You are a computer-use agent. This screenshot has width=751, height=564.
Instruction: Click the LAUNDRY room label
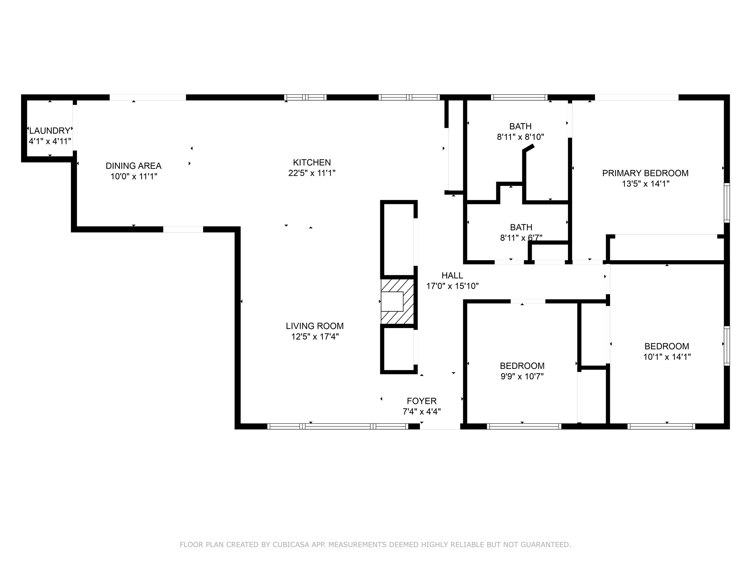tap(50, 130)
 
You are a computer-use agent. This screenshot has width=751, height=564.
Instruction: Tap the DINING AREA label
tap(133, 166)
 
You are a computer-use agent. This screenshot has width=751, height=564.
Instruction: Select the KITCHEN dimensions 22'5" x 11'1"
tap(312, 173)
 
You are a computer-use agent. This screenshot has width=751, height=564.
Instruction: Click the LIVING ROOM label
tap(314, 326)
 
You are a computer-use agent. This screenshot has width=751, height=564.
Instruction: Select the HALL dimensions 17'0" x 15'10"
tap(452, 286)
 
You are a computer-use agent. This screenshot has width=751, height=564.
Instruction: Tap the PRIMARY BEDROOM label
tap(645, 173)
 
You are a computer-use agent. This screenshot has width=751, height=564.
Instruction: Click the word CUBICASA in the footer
tap(291, 545)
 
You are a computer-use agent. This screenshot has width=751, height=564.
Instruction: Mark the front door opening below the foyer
tap(440, 426)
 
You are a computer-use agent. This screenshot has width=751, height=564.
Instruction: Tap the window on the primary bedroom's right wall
tap(727, 203)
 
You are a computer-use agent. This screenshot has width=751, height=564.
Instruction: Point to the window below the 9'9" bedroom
tap(524, 426)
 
